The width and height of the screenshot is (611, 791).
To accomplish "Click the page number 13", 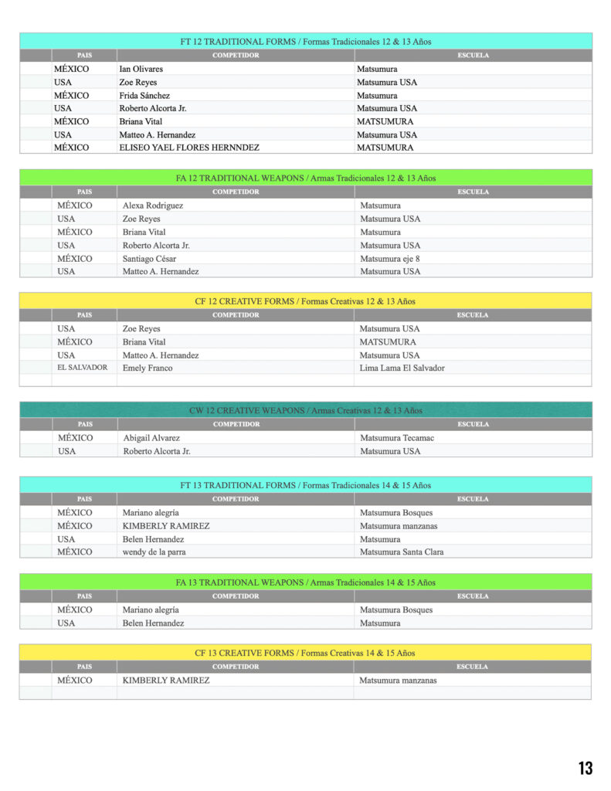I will [x=586, y=768].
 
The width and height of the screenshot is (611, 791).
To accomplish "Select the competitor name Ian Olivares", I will [x=141, y=69].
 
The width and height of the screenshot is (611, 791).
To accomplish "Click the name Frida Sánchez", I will [x=144, y=95].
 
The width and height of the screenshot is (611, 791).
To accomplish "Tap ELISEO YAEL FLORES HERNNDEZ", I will [x=189, y=148].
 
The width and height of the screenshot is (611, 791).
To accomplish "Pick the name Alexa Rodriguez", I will [x=153, y=205].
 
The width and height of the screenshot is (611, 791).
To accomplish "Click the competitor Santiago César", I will [x=149, y=259].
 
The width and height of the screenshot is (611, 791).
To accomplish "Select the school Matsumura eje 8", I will [x=390, y=259].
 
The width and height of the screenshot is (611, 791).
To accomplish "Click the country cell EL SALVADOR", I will [x=83, y=368].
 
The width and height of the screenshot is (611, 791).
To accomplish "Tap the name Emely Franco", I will [x=148, y=368].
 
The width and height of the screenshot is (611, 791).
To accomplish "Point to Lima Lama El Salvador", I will [x=402, y=368].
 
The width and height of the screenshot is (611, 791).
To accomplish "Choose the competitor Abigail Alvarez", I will [x=151, y=438].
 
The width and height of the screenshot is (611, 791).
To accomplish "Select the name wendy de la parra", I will [x=154, y=552].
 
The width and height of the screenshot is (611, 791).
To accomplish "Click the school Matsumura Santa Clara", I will [x=402, y=552].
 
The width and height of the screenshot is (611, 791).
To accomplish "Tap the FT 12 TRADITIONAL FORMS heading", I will [x=306, y=42].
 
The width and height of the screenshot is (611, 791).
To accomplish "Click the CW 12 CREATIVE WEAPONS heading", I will [x=306, y=410].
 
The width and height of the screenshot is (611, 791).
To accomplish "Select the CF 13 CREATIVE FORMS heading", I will [x=306, y=653].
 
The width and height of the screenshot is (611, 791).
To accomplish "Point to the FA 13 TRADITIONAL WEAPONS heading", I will [x=306, y=582].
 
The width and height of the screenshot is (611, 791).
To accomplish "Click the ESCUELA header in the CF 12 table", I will [x=473, y=315].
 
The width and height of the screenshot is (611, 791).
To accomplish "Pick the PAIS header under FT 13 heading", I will [x=84, y=499].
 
